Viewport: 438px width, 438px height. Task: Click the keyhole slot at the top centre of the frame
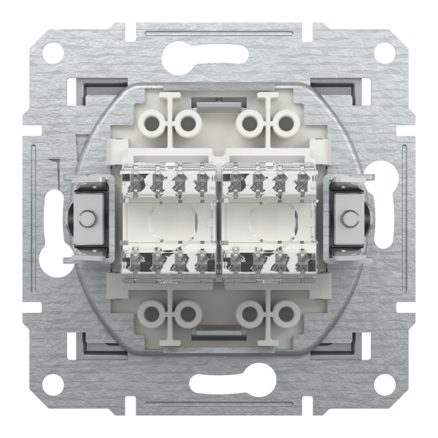point(218,52)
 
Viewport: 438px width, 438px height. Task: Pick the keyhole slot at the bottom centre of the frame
point(218,385)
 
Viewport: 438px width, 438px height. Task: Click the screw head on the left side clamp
point(88,218)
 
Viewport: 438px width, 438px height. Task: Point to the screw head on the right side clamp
point(349,218)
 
